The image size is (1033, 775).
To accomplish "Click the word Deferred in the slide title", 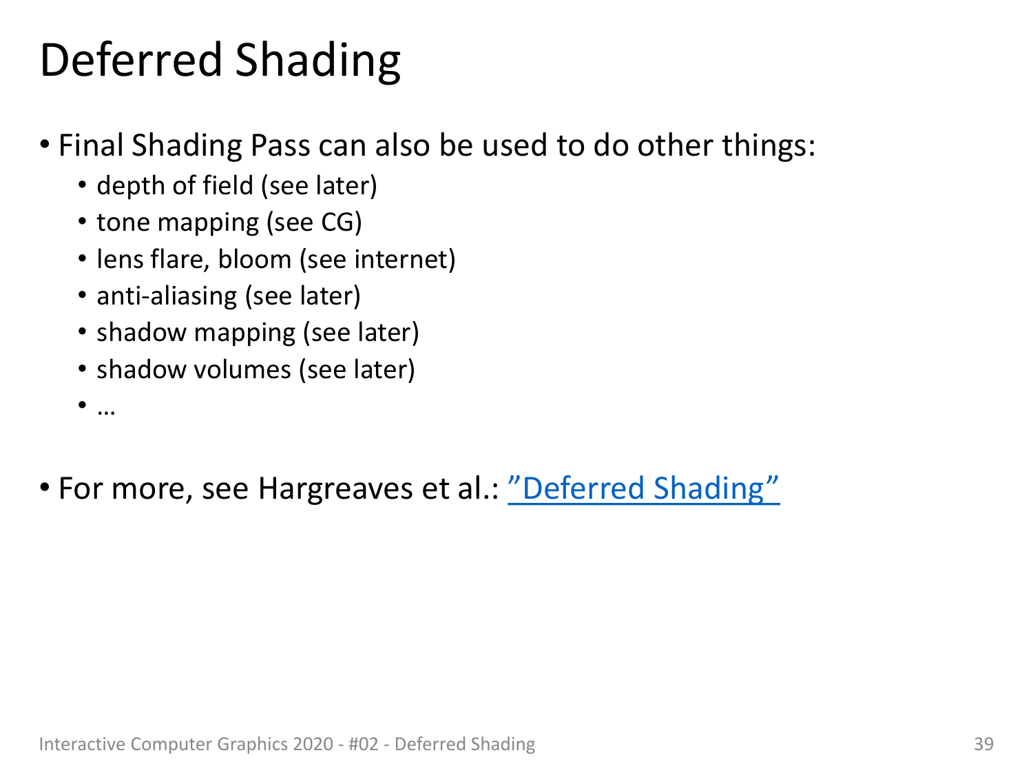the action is pyautogui.click(x=131, y=60).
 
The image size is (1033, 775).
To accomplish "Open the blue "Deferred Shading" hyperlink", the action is pyautogui.click(x=643, y=488).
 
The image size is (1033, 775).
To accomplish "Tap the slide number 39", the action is pyautogui.click(x=983, y=744).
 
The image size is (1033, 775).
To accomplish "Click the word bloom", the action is pyautogui.click(x=255, y=259).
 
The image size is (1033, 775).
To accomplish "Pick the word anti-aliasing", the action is pyautogui.click(x=167, y=297).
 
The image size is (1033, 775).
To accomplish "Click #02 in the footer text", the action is pyautogui.click(x=364, y=744).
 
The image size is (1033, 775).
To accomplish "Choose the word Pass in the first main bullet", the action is pyautogui.click(x=280, y=145).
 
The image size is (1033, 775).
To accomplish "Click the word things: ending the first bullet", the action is pyautogui.click(x=769, y=145).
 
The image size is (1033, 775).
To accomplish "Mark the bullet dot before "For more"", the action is pyautogui.click(x=45, y=488).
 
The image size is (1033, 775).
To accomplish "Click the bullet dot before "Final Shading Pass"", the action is pyautogui.click(x=45, y=145).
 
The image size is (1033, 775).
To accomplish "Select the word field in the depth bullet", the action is pyautogui.click(x=228, y=185).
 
